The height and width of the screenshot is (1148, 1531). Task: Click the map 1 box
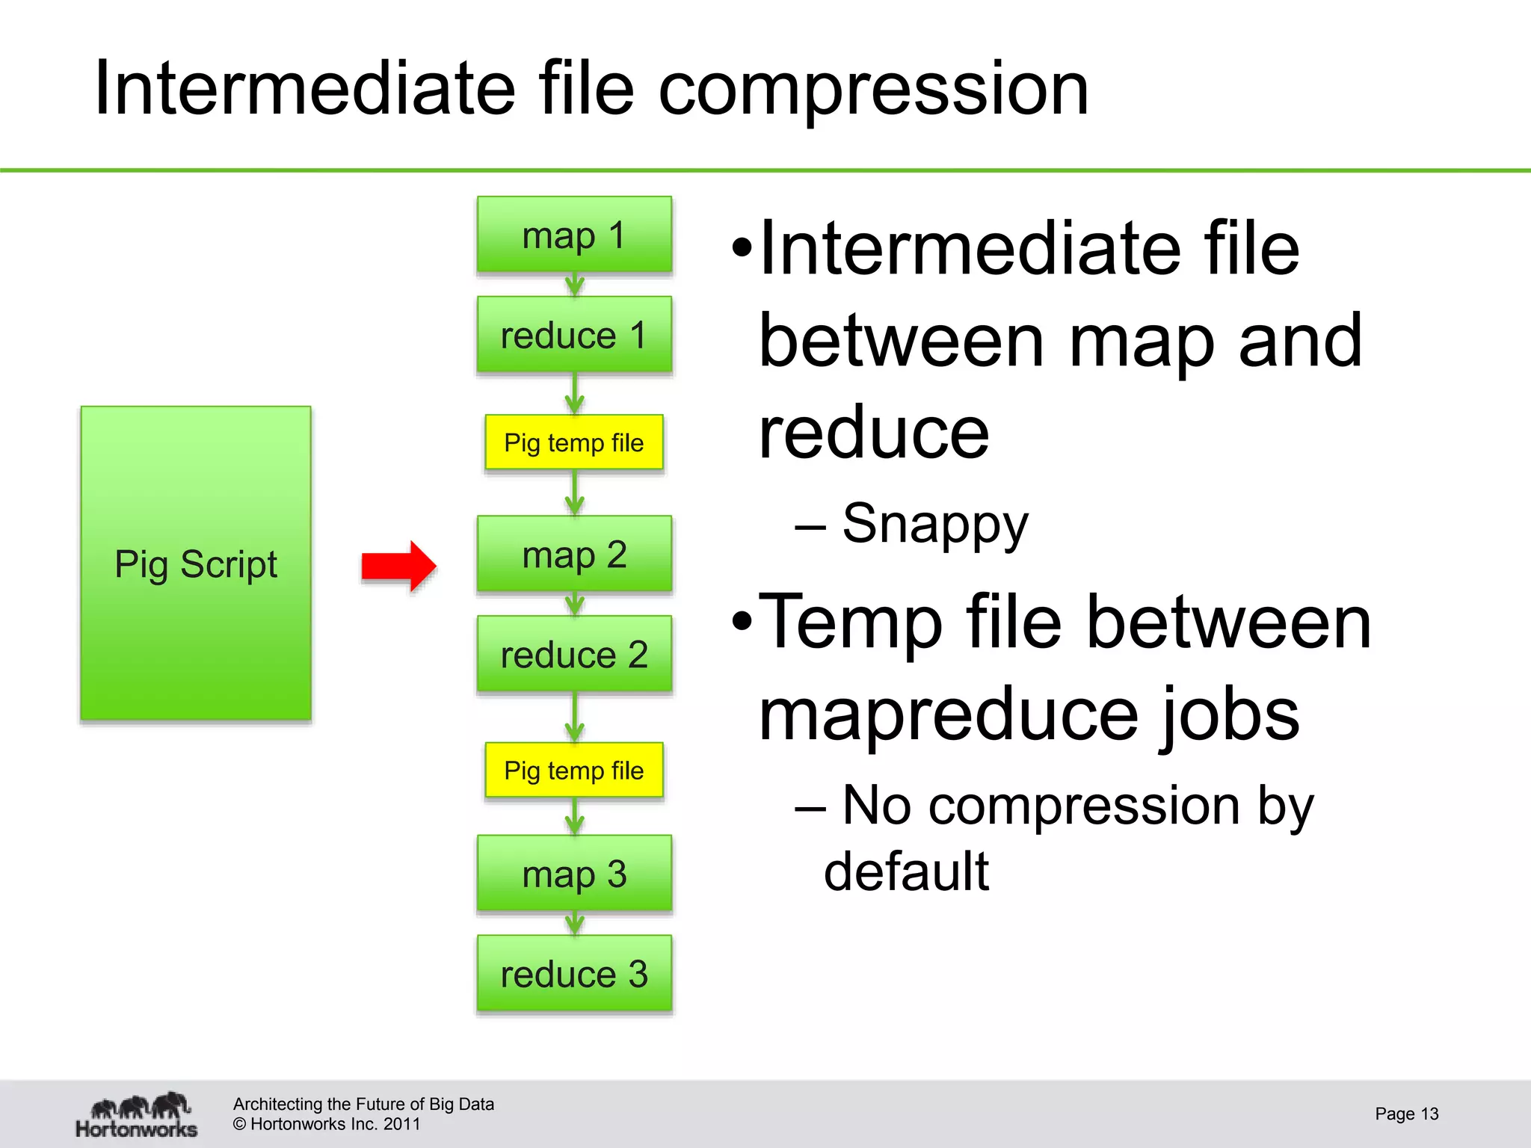[x=574, y=235]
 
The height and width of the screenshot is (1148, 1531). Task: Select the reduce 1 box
[x=574, y=334]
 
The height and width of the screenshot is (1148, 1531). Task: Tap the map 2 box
[x=574, y=554]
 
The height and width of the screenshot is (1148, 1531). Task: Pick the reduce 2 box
[x=574, y=654]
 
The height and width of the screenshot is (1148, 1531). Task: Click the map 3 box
[x=574, y=873]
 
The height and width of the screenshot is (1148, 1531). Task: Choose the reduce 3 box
[x=574, y=973]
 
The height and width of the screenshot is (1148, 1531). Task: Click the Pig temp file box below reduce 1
[x=574, y=442]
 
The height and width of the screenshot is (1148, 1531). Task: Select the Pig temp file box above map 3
[x=574, y=770]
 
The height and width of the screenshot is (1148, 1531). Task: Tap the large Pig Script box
[x=196, y=564]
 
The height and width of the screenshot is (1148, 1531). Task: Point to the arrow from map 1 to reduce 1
[x=574, y=285]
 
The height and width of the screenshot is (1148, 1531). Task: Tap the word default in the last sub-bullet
[x=906, y=871]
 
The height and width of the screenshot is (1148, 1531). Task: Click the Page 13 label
[x=1406, y=1114]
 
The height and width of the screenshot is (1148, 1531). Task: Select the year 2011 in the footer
[x=402, y=1124]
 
